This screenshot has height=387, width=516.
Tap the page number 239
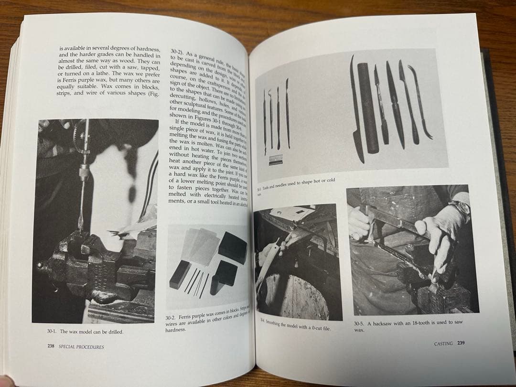point(461,343)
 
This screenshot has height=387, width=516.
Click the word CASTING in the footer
point(443,343)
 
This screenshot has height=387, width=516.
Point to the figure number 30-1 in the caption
point(52,331)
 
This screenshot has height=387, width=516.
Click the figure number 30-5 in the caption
point(360,323)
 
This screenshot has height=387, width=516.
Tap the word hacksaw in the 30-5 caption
point(382,323)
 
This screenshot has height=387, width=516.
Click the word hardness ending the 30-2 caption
point(175,330)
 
